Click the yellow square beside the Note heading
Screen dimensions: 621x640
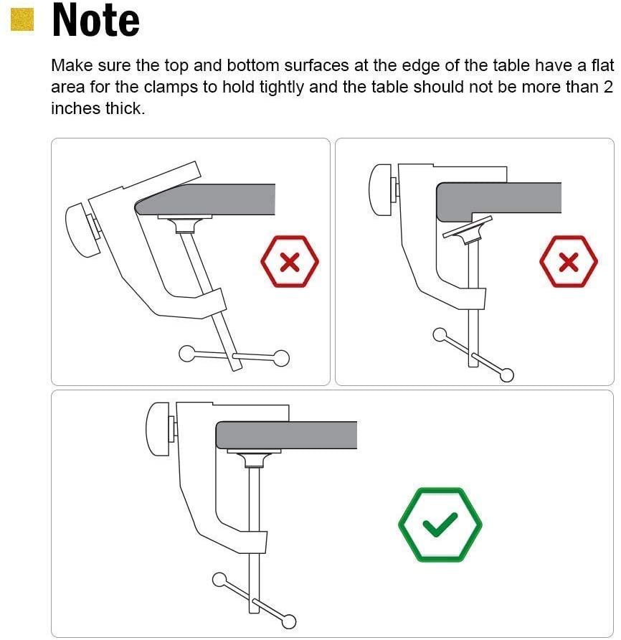pos(22,19)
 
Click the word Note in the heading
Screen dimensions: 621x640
pos(96,20)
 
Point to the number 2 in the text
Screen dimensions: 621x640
pos(608,87)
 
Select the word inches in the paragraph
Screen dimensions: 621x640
pos(76,108)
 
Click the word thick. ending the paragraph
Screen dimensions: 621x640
pos(125,108)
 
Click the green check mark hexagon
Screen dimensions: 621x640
pos(440,524)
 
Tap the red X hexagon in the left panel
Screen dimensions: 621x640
pos(290,262)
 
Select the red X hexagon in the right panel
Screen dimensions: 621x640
pos(569,262)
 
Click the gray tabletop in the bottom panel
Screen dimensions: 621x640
pos(286,435)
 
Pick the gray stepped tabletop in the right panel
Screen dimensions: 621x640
pos(498,201)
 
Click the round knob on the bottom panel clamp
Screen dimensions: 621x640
pos(158,429)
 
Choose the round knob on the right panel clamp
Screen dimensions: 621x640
pos(381,190)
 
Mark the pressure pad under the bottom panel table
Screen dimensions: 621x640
pos(254,458)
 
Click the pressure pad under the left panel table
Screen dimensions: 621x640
pos(185,223)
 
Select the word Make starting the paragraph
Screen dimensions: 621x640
pos(72,65)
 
